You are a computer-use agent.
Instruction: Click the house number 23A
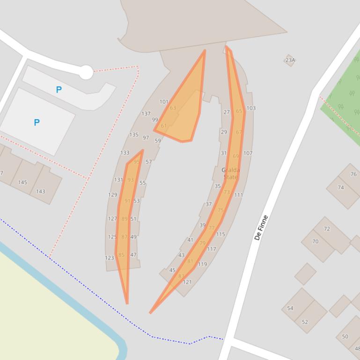pos(290,60)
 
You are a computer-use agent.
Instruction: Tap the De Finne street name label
pos(261,228)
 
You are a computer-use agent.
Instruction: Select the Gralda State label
pos(230,173)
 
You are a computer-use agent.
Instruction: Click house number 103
pos(251,108)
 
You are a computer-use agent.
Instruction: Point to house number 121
pos(187,282)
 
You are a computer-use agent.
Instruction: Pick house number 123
pos(110,258)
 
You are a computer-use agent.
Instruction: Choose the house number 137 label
pos(146,114)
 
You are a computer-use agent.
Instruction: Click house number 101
pos(164,101)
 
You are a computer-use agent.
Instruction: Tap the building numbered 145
pos(22,182)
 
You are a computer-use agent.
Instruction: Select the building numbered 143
pos(41,191)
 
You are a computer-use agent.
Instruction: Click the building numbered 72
pos(327,229)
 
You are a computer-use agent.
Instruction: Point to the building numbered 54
pos(290,308)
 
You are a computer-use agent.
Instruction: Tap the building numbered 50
pos(345,337)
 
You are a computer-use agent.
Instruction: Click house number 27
pos(227,112)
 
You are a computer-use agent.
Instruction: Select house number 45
pos(172,270)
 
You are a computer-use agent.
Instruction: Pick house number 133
pos(125,153)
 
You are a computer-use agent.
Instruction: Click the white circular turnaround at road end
pos(86,72)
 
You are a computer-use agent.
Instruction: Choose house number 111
pos(238,195)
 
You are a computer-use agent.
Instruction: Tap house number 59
pos(157,141)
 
